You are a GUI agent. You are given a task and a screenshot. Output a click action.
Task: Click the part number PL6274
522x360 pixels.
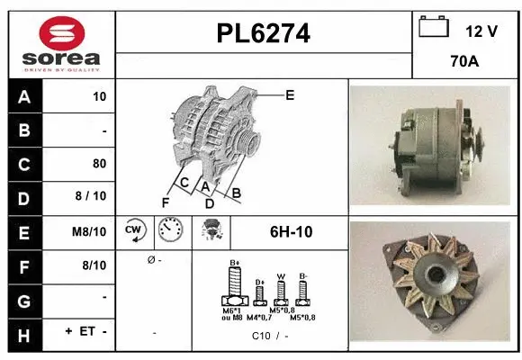pyautogui.click(x=264, y=34)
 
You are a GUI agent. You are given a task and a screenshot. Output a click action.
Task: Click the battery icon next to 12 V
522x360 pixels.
pyautogui.click(x=434, y=28)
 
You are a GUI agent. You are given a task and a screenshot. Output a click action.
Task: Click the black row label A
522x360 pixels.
pyautogui.click(x=22, y=96)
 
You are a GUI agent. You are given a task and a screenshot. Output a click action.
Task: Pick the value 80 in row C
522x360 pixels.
pyautogui.click(x=99, y=164)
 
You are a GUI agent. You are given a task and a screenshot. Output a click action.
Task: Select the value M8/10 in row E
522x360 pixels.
pyautogui.click(x=92, y=232)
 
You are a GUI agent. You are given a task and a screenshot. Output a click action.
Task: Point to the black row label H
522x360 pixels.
pyautogui.click(x=22, y=333)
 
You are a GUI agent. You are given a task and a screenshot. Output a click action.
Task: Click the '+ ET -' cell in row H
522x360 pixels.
pyautogui.click(x=85, y=333)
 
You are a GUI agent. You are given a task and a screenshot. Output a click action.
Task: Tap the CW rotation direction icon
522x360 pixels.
pyautogui.click(x=135, y=231)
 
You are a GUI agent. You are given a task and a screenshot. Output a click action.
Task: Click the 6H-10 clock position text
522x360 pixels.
pyautogui.click(x=291, y=232)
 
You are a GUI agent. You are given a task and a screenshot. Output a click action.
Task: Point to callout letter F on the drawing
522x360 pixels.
pyautogui.click(x=165, y=202)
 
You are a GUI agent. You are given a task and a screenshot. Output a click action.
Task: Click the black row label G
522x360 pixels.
pyautogui.click(x=22, y=300)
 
